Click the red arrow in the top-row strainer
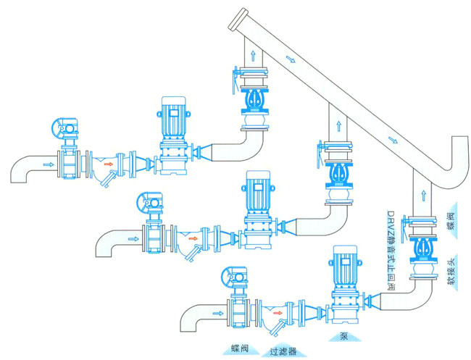(x=108, y=164)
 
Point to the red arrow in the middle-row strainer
(x=191, y=236)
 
